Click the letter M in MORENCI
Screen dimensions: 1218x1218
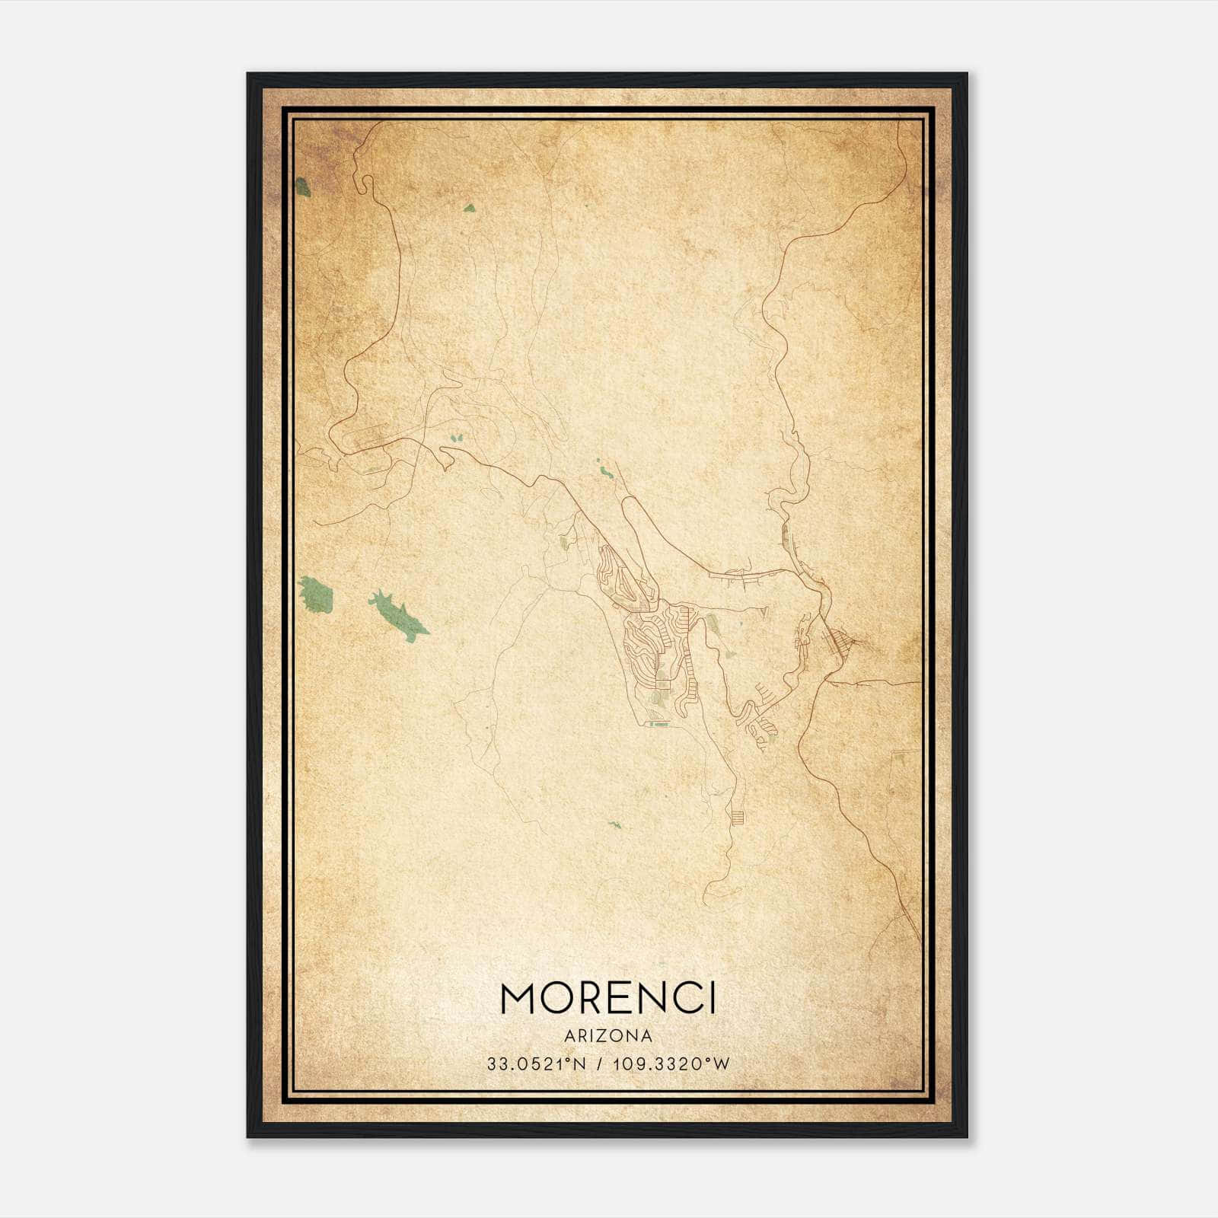[x=522, y=998]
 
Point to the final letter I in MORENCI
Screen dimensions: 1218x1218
[x=712, y=998]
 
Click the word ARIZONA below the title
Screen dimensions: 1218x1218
[x=608, y=1035]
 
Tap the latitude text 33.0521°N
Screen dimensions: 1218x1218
[x=537, y=1064]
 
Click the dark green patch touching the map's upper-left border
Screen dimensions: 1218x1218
[x=303, y=187]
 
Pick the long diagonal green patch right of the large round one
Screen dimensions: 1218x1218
[x=398, y=616]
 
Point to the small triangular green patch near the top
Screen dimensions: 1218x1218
[x=470, y=207]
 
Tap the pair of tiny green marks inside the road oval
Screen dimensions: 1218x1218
[x=458, y=438]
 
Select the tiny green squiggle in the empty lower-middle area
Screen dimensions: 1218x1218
[x=614, y=824]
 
